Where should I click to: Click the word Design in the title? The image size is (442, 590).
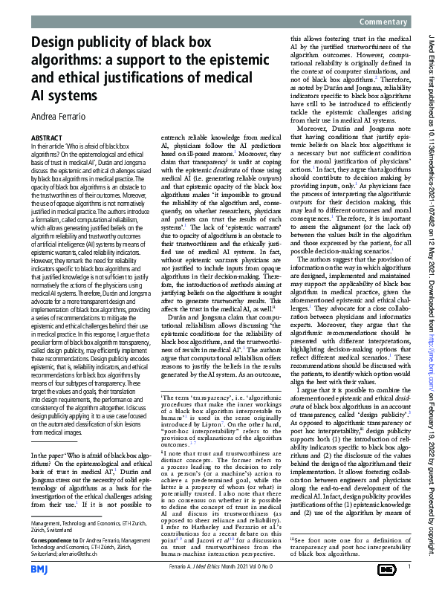coord(59,44)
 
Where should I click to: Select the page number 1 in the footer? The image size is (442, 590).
coord(409,568)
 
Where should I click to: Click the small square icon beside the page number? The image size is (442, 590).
coord(386,568)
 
